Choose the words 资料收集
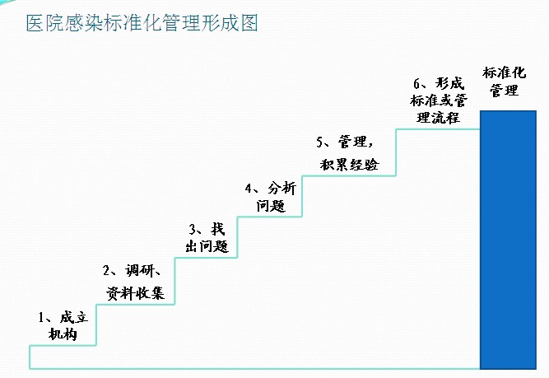click(x=136, y=293)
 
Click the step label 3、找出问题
click(x=206, y=236)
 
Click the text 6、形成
click(x=440, y=83)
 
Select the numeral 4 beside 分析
click(x=249, y=189)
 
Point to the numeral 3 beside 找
click(x=193, y=228)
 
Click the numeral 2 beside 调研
click(x=107, y=271)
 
